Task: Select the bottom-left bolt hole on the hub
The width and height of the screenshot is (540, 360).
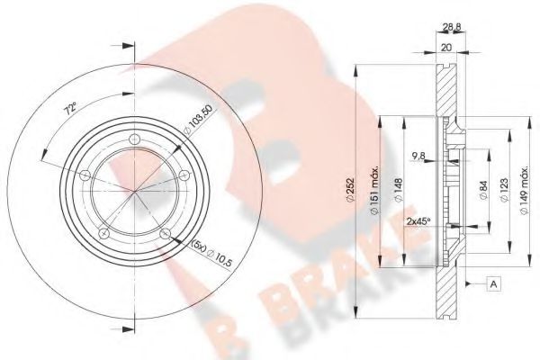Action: click(x=102, y=235)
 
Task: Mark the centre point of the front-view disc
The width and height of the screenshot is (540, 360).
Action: click(x=134, y=191)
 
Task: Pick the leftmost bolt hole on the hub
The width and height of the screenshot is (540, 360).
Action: click(x=81, y=174)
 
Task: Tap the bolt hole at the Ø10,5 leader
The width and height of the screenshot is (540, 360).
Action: click(x=166, y=235)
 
